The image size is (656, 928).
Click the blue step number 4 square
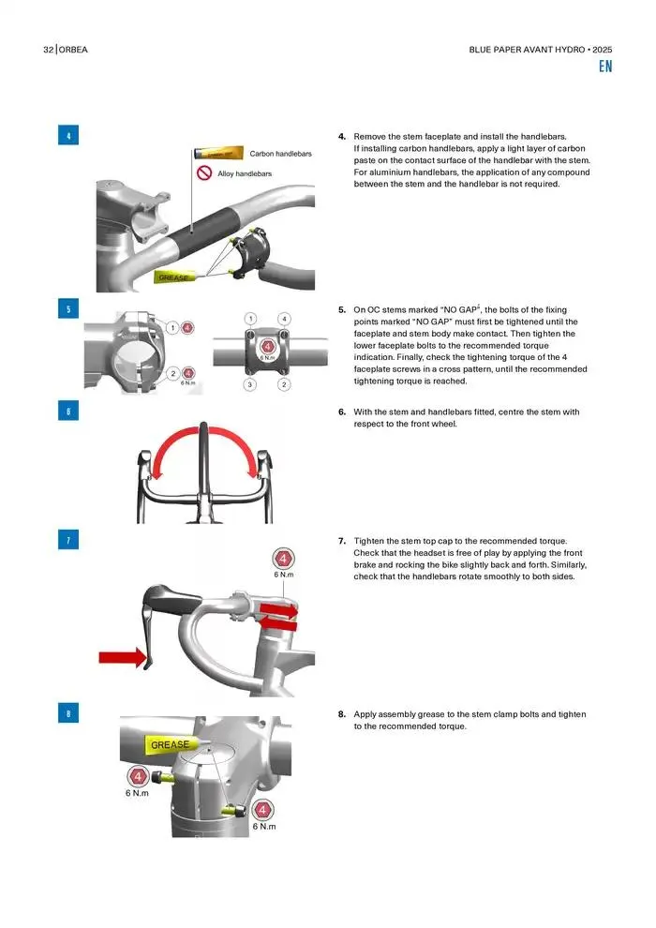click(x=68, y=136)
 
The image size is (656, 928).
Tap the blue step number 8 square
click(x=68, y=713)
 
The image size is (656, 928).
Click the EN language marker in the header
click(x=605, y=67)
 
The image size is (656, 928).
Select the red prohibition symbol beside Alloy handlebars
click(x=204, y=172)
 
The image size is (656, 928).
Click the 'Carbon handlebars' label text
click(x=280, y=154)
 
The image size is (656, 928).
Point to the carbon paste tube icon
click(x=218, y=154)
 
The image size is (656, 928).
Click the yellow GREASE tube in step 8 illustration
click(x=171, y=744)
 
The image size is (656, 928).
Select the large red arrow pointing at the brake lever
click(x=123, y=657)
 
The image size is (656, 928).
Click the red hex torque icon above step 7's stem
click(x=283, y=559)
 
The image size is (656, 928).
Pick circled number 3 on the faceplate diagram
click(x=249, y=384)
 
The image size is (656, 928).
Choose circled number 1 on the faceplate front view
click(x=251, y=319)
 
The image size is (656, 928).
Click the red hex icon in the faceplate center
click(x=267, y=346)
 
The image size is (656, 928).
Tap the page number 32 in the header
click(x=49, y=50)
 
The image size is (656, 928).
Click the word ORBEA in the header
click(x=73, y=50)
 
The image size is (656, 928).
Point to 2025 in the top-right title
click(x=603, y=50)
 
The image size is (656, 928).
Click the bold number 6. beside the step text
click(x=342, y=412)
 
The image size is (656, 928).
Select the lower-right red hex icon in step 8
click(x=262, y=810)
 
